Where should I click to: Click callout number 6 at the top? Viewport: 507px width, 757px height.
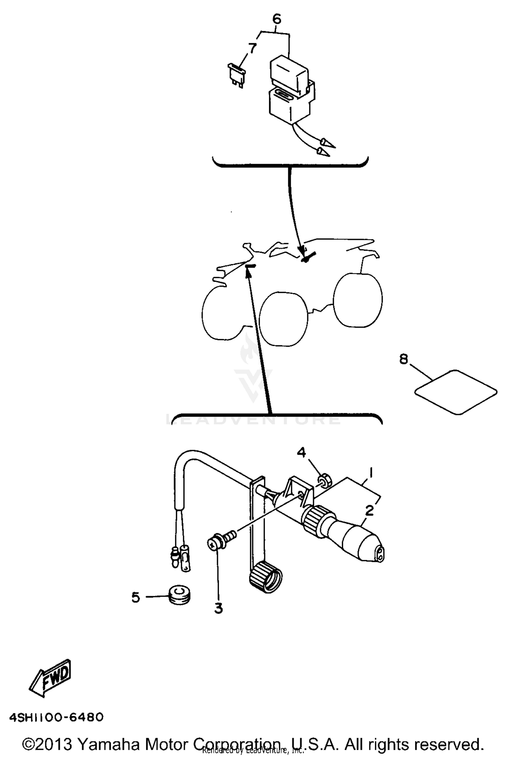pos(276,20)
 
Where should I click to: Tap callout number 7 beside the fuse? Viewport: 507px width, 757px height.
pos(252,48)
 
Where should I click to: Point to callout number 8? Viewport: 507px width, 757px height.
pos(404,359)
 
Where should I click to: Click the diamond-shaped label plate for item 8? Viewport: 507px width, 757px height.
pos(456,392)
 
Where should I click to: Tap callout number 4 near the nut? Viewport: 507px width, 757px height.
pos(301,452)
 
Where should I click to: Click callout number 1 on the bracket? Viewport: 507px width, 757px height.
pos(371,472)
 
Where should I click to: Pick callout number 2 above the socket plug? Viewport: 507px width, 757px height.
pos(369,510)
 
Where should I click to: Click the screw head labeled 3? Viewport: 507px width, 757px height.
pos(213,544)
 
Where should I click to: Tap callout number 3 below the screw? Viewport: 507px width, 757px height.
pos(219,609)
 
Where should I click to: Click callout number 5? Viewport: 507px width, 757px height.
pos(136,597)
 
